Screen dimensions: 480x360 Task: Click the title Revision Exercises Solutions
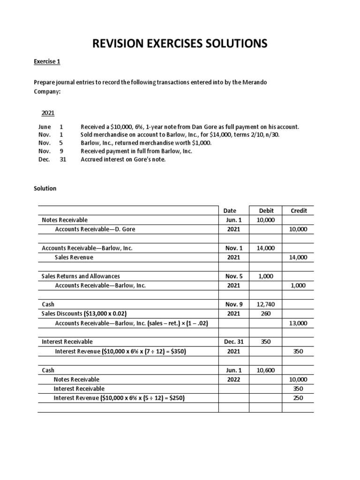(180, 44)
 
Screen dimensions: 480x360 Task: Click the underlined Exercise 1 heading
(47, 62)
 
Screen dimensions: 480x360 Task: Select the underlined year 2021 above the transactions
(48, 113)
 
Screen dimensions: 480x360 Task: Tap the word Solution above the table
(45, 188)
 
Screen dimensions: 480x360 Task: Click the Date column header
(230, 210)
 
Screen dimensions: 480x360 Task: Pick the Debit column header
(266, 210)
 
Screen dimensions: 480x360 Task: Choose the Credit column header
(299, 210)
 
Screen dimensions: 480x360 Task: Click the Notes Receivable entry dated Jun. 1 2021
(65, 220)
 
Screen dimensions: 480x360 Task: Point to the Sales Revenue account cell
(74, 257)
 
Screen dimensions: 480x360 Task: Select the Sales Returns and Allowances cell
(81, 276)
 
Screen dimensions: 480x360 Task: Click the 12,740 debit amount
(266, 304)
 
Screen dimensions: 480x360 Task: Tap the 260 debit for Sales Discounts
(266, 314)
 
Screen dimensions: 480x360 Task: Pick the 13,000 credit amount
(299, 323)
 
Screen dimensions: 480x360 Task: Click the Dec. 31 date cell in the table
(233, 342)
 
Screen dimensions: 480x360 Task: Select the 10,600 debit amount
(266, 370)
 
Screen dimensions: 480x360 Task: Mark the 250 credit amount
(299, 398)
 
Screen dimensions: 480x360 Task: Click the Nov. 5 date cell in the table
(233, 276)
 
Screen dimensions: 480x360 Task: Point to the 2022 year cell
(233, 379)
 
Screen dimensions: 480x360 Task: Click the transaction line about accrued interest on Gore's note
(123, 159)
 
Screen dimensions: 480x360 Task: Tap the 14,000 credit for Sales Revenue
(299, 257)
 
